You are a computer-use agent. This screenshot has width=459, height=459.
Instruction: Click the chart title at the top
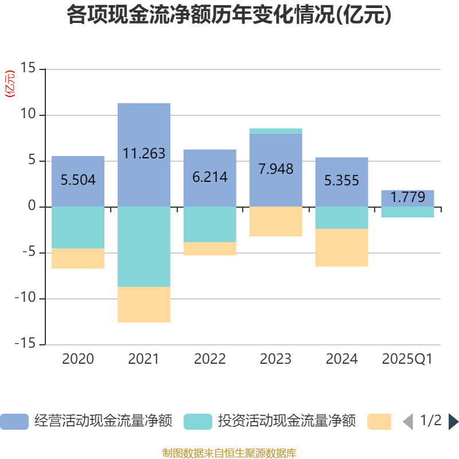coord(229,15)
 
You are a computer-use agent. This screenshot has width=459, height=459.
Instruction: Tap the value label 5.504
coord(78,180)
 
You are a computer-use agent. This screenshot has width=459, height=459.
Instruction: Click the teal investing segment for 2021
coord(143,247)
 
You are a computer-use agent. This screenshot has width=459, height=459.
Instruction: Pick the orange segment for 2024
coord(341,248)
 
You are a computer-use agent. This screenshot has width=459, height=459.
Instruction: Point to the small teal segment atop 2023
coord(275,131)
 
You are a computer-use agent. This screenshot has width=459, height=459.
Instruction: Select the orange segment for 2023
coord(275,221)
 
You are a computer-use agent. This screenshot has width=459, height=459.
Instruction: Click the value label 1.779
coord(408,197)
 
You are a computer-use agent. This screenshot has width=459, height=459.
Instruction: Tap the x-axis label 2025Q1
coord(407,359)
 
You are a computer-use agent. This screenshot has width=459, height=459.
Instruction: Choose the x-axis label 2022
coord(209,359)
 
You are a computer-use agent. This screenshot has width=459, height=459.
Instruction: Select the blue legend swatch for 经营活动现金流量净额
coord(14,422)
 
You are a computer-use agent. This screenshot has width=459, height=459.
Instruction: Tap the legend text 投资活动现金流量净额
coord(286,422)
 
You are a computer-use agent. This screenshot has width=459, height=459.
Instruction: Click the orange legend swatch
coord(379,422)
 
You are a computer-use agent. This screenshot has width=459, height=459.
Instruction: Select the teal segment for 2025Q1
coord(407,212)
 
